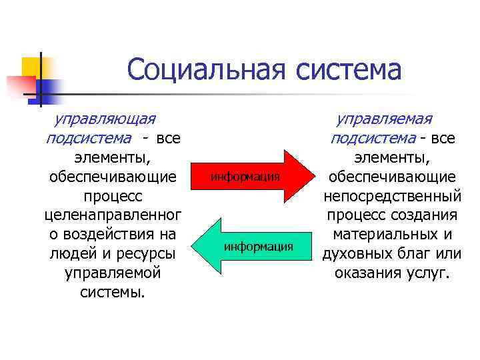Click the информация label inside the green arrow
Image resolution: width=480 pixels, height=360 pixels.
259,247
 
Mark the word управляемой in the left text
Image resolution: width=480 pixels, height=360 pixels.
113,273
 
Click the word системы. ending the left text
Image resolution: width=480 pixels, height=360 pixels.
113,293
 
